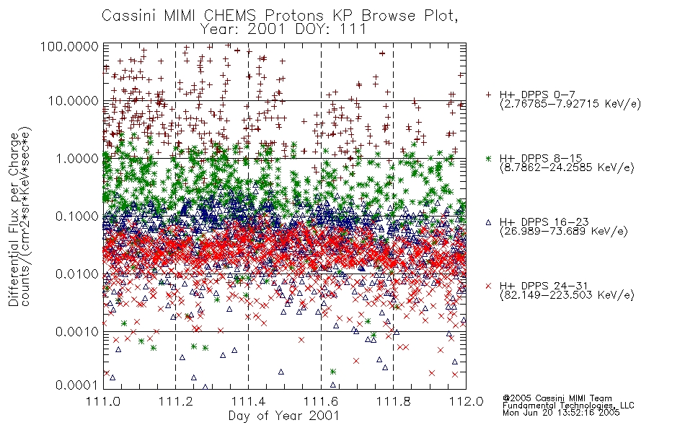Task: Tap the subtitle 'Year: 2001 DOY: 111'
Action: pos(283,30)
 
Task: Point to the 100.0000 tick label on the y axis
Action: pos(69,46)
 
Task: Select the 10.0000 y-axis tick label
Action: pos(73,101)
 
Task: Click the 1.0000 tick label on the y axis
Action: pos(77,158)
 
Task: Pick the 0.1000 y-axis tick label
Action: pos(77,216)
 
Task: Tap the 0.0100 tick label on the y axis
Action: pos(77,274)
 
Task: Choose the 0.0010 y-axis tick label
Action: pos(77,332)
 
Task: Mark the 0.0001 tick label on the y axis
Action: pos(77,385)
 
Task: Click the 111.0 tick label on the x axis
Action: pos(103,401)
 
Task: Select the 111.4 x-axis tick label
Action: pos(249,401)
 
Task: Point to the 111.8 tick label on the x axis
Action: pos(394,401)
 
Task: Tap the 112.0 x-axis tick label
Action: pos(466,401)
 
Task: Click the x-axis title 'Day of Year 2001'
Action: pos(283,416)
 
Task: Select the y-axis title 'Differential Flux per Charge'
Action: pos(14,219)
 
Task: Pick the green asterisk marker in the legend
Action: pos(488,158)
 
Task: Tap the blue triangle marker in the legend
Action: pos(488,222)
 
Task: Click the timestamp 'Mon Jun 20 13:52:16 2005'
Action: pos(561,413)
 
